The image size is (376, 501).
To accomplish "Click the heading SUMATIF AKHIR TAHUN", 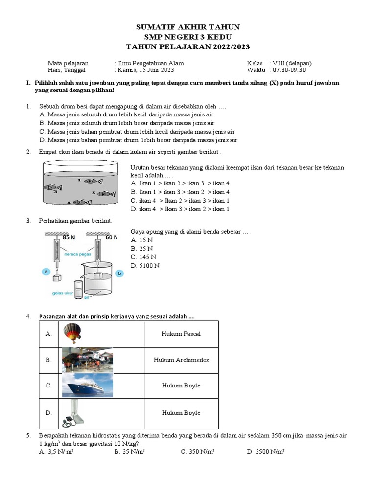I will [x=188, y=27].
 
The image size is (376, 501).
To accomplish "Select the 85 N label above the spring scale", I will [x=69, y=237].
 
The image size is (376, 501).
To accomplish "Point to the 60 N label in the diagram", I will [x=112, y=237].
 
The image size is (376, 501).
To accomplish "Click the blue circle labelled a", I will [x=46, y=271].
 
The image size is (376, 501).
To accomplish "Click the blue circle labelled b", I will [x=119, y=274].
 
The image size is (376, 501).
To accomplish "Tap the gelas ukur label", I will [x=62, y=294].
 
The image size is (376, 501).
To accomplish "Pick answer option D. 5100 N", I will [x=145, y=266].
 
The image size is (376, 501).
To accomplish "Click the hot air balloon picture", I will [x=71, y=334].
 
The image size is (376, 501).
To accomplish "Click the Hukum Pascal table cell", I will [x=181, y=334].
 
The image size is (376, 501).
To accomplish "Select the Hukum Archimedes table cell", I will [x=181, y=360].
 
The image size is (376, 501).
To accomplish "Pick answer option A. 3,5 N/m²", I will [x=56, y=452].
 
